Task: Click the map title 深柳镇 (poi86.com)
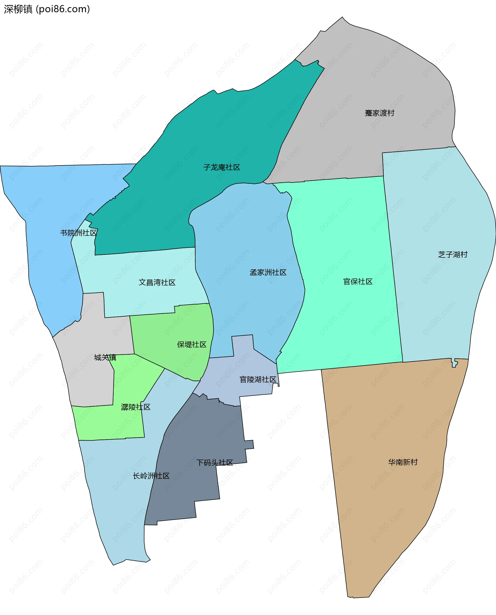(x=47, y=9)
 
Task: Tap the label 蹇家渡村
(x=379, y=113)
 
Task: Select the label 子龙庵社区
(x=221, y=167)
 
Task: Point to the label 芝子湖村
(x=453, y=254)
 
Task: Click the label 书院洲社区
(x=79, y=233)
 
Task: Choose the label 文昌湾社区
(x=157, y=283)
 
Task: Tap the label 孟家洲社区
(x=268, y=272)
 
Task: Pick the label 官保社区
(x=358, y=282)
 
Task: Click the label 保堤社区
(x=191, y=345)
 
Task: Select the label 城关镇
(x=105, y=357)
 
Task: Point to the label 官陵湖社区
(x=258, y=379)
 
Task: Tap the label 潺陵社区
(x=135, y=407)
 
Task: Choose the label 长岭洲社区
(x=151, y=476)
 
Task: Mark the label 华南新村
(x=402, y=462)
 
